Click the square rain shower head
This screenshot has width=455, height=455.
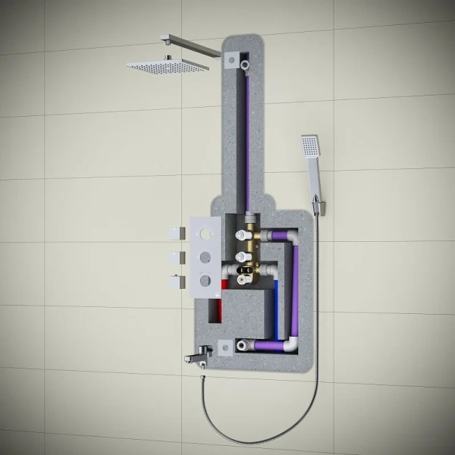click(167, 66)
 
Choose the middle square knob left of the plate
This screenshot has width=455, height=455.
click(179, 256)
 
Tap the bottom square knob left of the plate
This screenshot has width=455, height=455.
click(179, 281)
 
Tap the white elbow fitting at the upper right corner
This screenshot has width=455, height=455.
click(292, 240)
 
